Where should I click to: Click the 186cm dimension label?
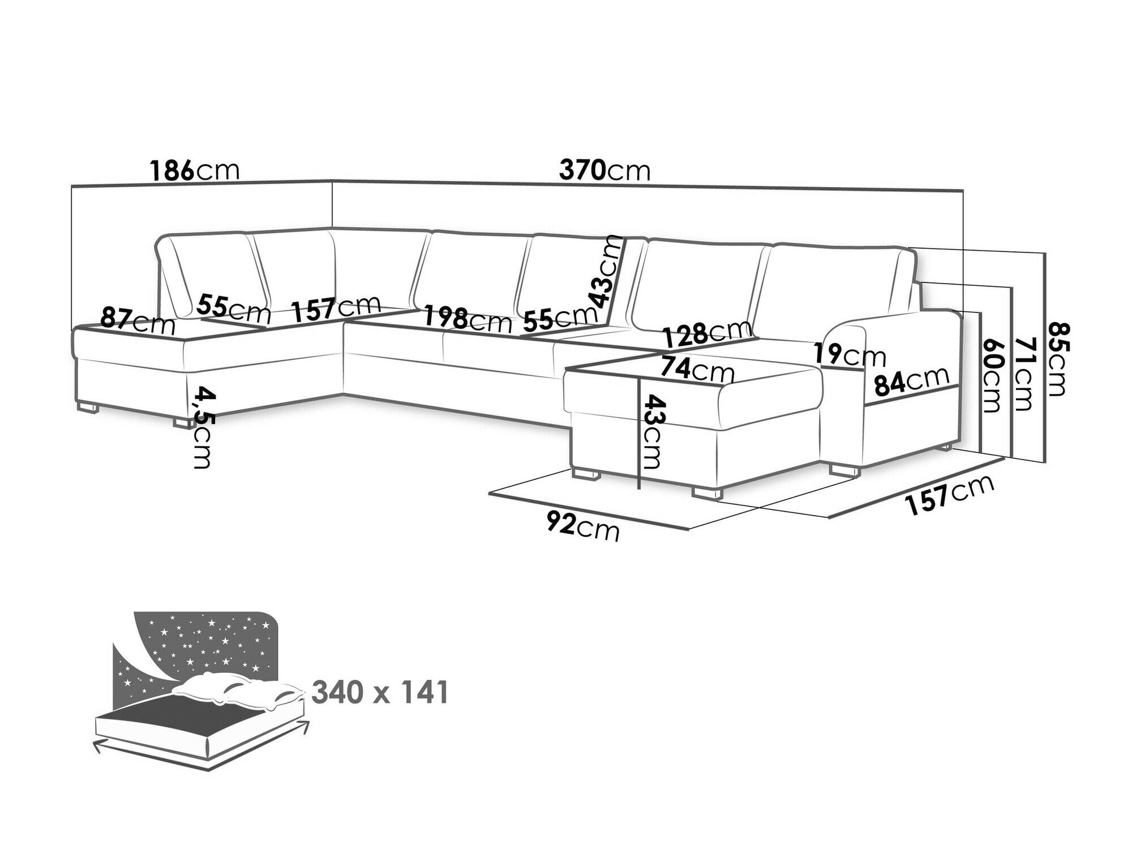[194, 170]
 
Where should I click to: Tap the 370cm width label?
[604, 170]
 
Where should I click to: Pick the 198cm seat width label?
[468, 319]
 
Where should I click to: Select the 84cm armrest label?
[911, 384]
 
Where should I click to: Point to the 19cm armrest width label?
[850, 355]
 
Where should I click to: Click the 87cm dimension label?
[138, 320]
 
